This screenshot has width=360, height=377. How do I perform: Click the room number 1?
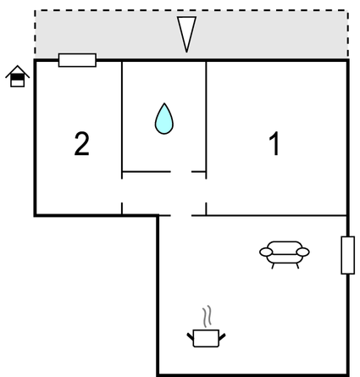click(x=274, y=143)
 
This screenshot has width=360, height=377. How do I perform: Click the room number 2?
click(x=82, y=144)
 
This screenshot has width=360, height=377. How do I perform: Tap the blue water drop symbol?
click(x=164, y=119)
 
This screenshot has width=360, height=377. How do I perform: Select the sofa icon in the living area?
click(x=285, y=255)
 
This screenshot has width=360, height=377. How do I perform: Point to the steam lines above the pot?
click(x=208, y=316)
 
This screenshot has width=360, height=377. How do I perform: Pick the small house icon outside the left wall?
click(x=18, y=76)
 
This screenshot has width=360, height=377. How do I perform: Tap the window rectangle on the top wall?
click(x=77, y=60)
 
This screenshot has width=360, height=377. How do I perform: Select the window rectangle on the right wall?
click(x=348, y=255)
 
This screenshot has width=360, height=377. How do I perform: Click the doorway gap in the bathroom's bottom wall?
click(x=181, y=171)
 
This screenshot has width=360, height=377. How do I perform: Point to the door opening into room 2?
click(x=122, y=191)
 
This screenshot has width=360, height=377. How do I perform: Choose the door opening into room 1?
click(x=206, y=191)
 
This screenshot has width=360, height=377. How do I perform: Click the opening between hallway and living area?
click(x=181, y=215)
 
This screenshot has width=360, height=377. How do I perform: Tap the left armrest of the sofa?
click(x=266, y=252)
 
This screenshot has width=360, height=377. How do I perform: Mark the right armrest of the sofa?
click(x=302, y=252)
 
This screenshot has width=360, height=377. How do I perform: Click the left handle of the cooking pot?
click(x=191, y=336)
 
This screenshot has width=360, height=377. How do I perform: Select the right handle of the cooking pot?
click(x=222, y=336)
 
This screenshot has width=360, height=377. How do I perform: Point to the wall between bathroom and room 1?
click(x=206, y=119)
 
